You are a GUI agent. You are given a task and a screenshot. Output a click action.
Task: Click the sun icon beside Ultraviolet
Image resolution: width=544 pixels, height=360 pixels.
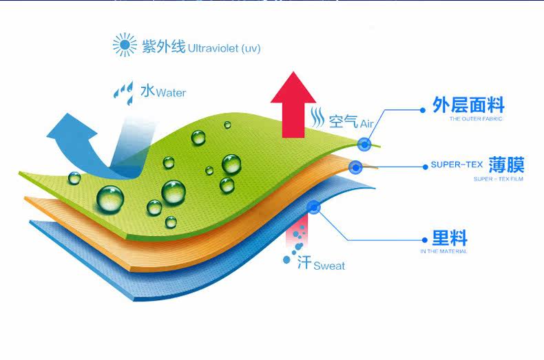coord(125,45)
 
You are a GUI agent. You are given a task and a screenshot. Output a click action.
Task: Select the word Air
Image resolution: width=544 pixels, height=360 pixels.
coord(366,124)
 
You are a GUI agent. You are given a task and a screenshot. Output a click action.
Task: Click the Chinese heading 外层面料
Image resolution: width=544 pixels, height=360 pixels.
coord(468,105)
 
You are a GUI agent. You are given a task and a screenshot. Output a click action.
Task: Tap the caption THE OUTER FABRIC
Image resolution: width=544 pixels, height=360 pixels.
coord(476,120)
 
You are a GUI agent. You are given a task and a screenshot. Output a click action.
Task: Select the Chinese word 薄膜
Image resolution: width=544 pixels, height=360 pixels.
coord(507,165)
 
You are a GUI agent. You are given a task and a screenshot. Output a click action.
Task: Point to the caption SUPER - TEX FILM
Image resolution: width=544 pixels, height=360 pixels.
coord(499,179)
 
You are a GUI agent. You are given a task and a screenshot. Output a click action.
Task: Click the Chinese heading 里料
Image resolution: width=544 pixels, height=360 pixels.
coord(450,239)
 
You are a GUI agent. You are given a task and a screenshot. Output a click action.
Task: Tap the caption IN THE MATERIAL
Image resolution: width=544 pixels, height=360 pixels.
coord(443,252)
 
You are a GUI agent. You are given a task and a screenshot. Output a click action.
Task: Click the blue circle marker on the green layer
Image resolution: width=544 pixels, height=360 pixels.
coord(364,144)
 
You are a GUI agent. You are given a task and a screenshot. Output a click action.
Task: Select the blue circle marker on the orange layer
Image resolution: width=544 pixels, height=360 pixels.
coord(355,166)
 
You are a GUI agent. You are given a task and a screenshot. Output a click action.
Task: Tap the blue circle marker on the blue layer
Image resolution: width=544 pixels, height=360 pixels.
coord(314,207)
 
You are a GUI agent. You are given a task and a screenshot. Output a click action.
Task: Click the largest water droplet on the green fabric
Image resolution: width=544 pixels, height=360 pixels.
coord(110,198)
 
